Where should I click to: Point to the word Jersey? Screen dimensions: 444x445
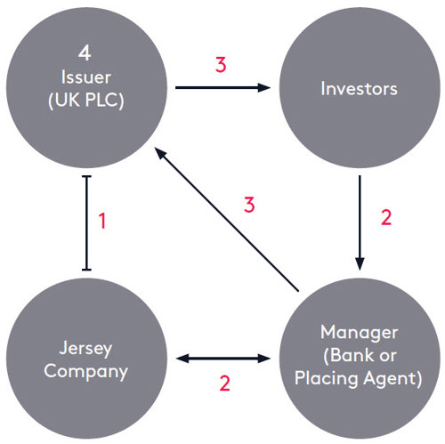click(x=86, y=347)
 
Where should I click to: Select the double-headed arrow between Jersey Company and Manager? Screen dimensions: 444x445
click(x=222, y=358)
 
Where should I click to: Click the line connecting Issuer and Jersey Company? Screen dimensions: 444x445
click(x=86, y=222)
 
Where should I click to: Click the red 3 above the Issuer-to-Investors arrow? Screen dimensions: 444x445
click(x=221, y=65)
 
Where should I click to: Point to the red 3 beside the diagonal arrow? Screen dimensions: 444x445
click(x=251, y=205)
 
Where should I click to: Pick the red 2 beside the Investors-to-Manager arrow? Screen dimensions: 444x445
click(x=385, y=218)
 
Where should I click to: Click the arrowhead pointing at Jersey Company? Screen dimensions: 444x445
click(x=182, y=358)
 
